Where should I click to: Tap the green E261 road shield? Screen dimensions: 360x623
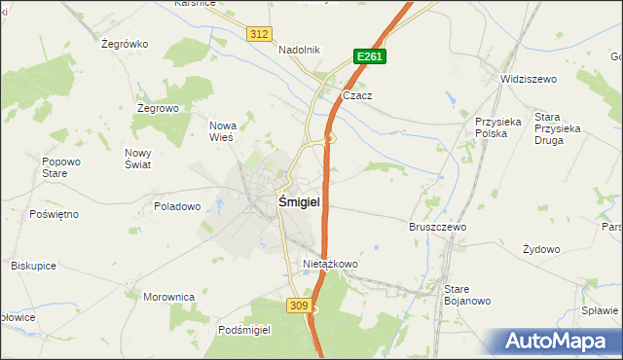(370, 57)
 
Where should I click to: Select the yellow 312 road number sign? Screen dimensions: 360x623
(258, 34)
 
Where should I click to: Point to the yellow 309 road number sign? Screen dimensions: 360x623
(300, 306)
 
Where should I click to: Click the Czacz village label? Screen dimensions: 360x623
(358, 96)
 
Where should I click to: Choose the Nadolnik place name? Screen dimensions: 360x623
(299, 51)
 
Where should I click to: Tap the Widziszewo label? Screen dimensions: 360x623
(527, 78)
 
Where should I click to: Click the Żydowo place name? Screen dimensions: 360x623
(541, 249)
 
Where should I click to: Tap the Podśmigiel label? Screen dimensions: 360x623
(244, 330)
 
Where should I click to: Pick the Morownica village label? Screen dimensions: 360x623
(169, 297)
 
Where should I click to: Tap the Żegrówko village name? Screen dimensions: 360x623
(124, 44)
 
